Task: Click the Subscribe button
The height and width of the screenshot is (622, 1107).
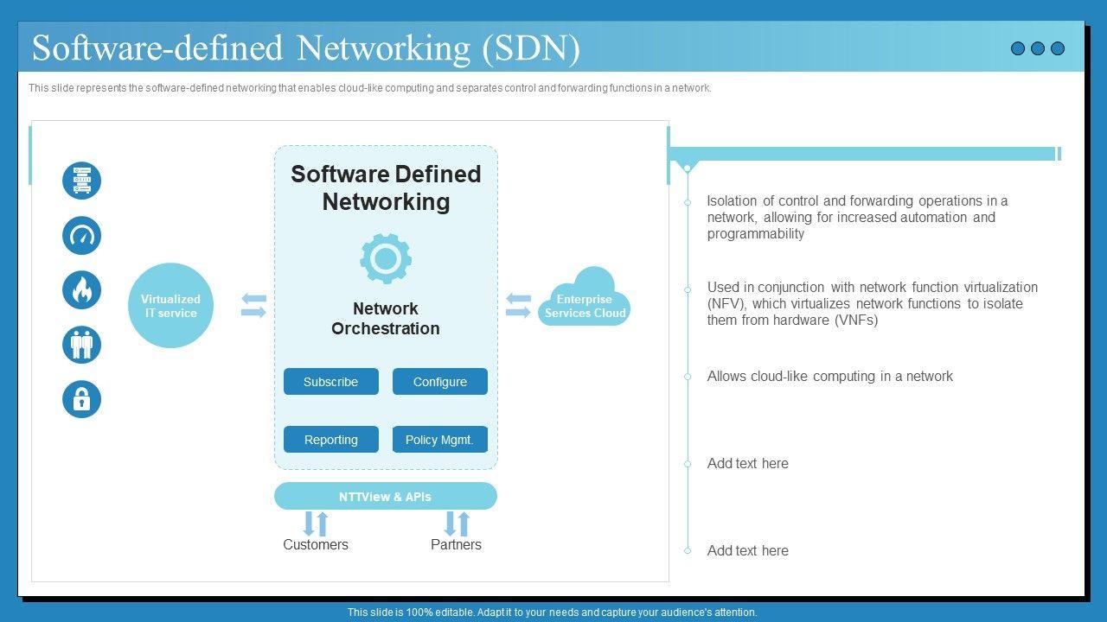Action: click(x=331, y=382)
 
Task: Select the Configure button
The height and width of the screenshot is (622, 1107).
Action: click(x=439, y=382)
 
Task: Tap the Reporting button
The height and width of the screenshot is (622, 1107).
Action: click(x=331, y=440)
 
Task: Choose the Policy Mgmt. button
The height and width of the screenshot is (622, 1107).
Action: click(x=439, y=440)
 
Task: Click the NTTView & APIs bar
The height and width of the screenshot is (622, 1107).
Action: click(x=386, y=497)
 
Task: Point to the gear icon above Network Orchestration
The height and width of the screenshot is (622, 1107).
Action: click(x=386, y=258)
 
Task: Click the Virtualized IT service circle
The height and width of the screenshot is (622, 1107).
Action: click(x=170, y=306)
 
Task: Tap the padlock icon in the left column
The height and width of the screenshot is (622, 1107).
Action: click(x=81, y=399)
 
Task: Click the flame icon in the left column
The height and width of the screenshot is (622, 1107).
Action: click(x=81, y=290)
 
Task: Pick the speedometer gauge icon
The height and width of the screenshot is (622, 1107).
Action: click(x=81, y=236)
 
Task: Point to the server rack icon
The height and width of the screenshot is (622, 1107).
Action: click(x=81, y=181)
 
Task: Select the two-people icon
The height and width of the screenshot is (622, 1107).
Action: click(x=81, y=345)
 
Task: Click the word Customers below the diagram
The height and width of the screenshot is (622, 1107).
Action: click(x=316, y=545)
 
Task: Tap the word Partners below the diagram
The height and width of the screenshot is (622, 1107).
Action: click(x=456, y=545)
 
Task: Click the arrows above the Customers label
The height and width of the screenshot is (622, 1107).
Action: click(x=316, y=524)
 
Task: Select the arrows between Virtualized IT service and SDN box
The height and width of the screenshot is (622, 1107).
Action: click(x=253, y=306)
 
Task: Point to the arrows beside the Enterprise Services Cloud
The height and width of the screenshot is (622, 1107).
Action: click(x=518, y=306)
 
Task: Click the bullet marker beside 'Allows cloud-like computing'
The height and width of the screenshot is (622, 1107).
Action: click(x=688, y=377)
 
